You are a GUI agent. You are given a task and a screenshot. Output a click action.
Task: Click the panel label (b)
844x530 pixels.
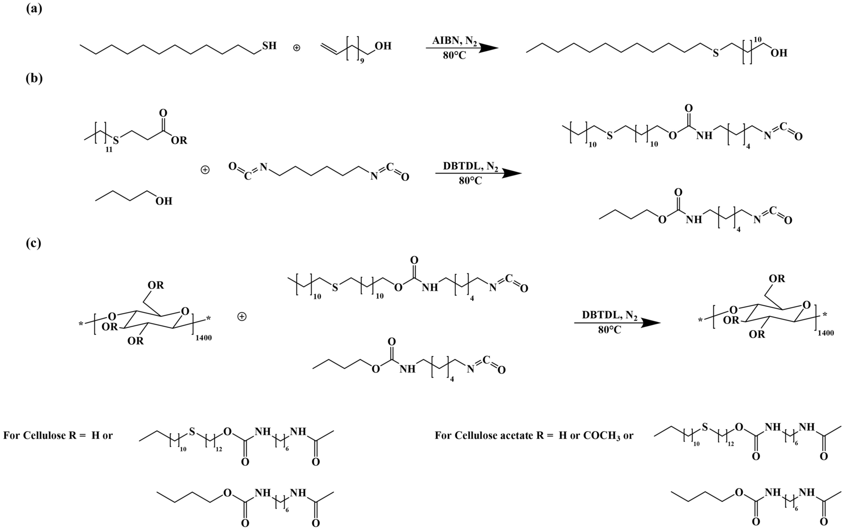coord(34,78)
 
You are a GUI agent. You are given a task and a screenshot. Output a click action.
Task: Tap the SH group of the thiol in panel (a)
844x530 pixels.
coord(269,46)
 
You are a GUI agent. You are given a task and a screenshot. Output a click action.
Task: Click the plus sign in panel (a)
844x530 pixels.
coord(296,48)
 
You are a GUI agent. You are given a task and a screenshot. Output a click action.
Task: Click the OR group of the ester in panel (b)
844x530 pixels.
coord(179,141)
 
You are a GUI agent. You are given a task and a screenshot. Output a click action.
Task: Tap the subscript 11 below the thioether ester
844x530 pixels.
coord(109,149)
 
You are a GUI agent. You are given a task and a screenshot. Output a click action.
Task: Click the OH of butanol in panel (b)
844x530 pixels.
coord(164,201)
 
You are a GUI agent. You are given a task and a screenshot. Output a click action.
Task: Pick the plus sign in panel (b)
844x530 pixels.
coord(205,170)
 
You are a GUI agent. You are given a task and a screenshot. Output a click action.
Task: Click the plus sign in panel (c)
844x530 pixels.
coord(242,317)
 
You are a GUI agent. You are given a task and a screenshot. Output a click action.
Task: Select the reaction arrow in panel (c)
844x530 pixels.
coord(618,323)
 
